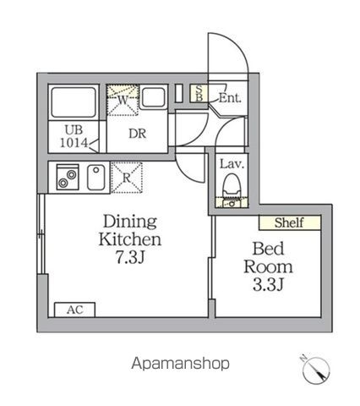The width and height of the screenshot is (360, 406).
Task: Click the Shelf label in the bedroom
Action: pos(290,223)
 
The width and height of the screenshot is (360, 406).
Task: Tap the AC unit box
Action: pos(74,310)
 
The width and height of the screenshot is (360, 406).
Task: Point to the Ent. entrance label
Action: pos(229,98)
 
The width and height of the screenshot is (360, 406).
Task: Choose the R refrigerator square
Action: pos(126,178)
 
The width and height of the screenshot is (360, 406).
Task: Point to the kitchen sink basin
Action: pos(95,178)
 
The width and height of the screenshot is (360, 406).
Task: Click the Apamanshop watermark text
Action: pos(180,364)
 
